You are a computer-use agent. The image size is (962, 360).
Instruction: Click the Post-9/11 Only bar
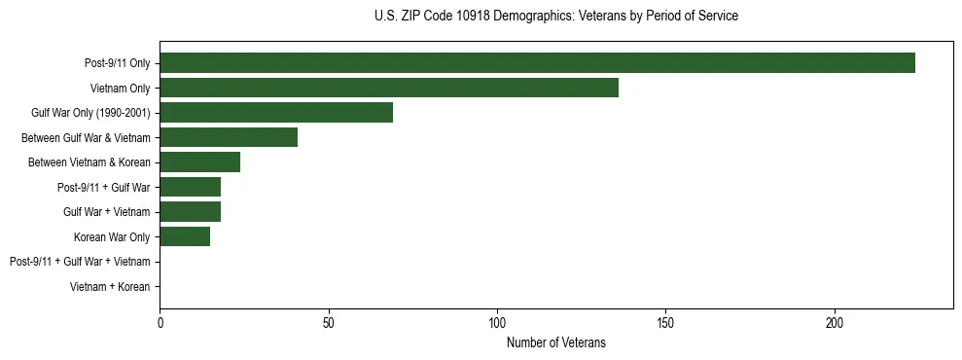(x=537, y=63)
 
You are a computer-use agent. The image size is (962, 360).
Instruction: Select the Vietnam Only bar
(x=389, y=88)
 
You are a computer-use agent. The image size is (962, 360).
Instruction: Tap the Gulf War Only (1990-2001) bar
(x=276, y=113)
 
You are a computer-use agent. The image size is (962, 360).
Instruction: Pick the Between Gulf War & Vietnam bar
(x=229, y=137)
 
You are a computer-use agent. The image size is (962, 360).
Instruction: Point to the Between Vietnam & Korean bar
(x=200, y=162)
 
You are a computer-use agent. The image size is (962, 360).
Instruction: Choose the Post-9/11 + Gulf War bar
(x=191, y=187)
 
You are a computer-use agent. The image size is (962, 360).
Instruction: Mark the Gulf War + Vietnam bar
(x=191, y=212)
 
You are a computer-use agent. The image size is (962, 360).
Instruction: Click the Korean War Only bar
(x=185, y=236)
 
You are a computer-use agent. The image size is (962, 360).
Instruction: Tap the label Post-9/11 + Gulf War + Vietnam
(x=80, y=262)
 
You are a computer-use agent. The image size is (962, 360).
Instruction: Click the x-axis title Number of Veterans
(x=556, y=342)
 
